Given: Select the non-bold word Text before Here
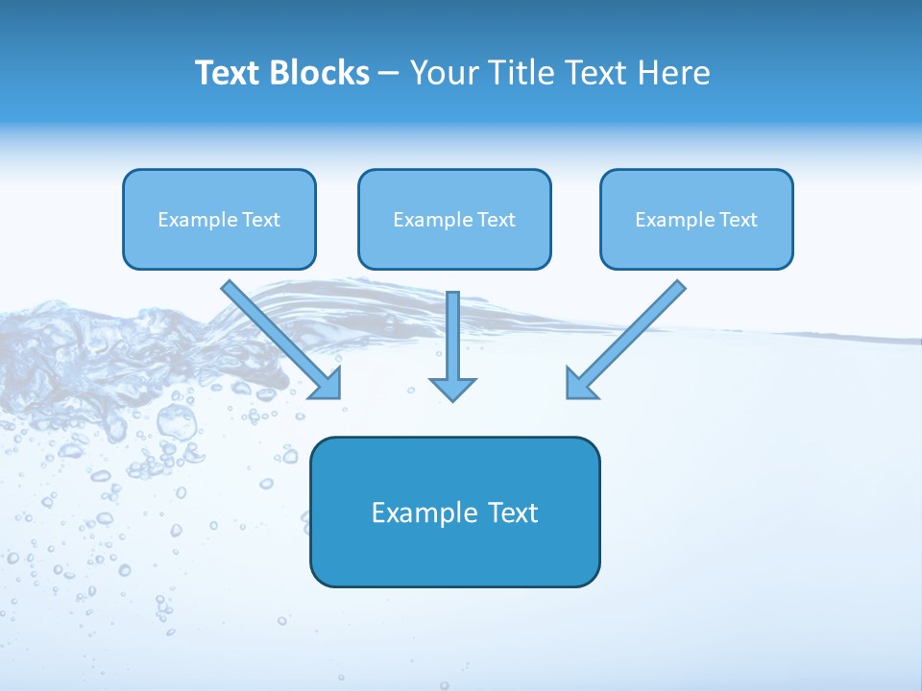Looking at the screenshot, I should point(596,73).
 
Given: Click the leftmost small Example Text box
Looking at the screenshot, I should point(219,219).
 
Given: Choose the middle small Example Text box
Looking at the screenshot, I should point(454,219).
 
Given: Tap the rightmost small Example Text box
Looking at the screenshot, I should point(696,219).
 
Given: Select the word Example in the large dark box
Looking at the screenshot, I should point(411,512).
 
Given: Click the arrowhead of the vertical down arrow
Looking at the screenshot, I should point(452,389).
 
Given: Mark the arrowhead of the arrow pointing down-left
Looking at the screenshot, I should point(580,384).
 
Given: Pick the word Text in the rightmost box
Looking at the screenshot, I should point(739,220).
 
